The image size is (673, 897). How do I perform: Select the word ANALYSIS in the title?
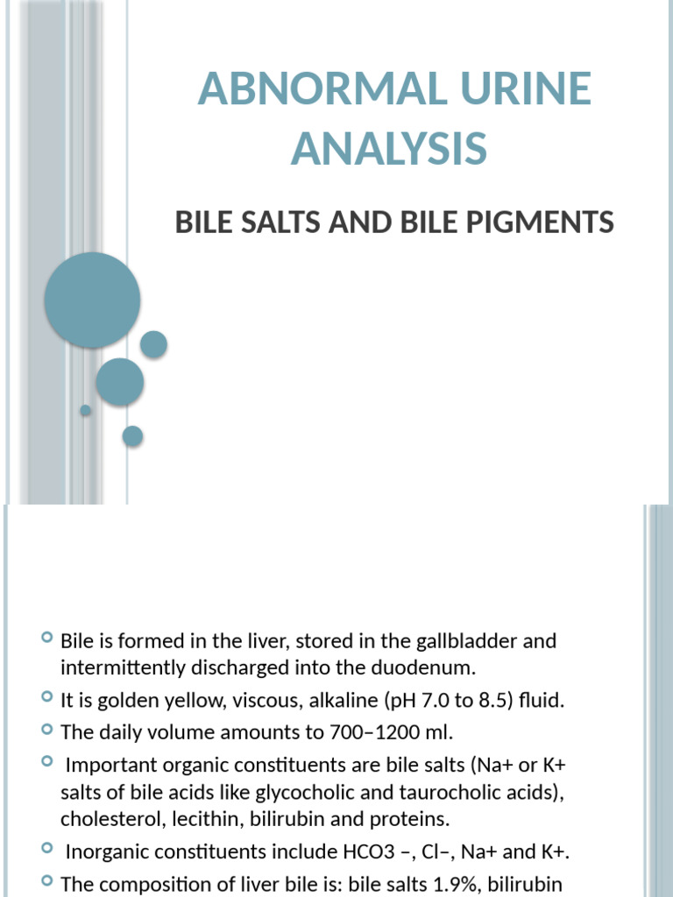tap(389, 147)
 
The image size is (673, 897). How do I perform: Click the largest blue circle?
tap(92, 300)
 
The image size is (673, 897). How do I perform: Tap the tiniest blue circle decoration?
tap(85, 410)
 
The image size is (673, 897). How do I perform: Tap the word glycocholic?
tap(297, 793)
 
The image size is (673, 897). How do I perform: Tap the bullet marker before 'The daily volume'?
tap(46, 731)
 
